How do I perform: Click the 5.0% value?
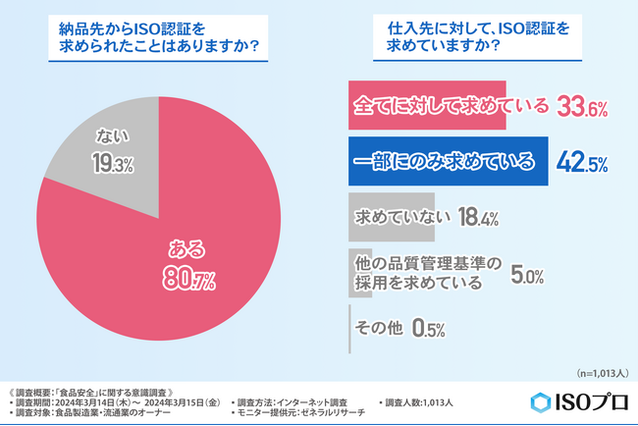coord(528,276)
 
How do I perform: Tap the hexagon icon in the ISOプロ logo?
coord(542,402)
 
